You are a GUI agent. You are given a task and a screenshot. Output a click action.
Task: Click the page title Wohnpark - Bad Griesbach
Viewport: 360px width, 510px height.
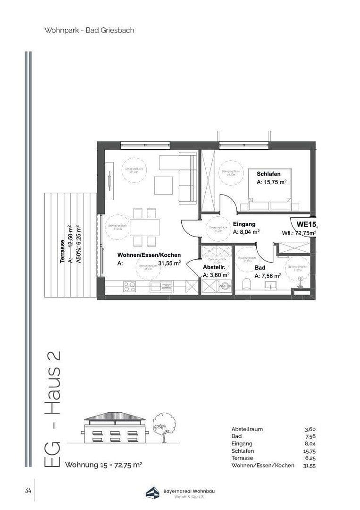[x=89, y=30]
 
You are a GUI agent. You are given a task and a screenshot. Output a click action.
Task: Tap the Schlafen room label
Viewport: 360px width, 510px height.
[x=268, y=174]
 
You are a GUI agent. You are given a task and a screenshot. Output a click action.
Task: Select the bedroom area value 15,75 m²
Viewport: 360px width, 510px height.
[x=272, y=182]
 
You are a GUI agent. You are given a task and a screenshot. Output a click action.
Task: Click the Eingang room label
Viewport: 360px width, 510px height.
[x=244, y=224]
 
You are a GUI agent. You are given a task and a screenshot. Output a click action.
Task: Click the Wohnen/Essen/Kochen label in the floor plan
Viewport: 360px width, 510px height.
[x=149, y=255]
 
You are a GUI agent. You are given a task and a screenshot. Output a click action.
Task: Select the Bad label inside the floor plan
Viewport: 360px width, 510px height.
[x=260, y=267]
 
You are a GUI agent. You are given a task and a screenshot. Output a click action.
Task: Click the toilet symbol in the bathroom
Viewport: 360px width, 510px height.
[x=245, y=284]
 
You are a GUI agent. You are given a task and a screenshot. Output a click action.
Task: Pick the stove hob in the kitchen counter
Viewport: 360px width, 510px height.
[x=129, y=286]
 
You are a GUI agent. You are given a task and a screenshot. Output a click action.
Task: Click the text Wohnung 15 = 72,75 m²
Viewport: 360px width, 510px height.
[x=103, y=465]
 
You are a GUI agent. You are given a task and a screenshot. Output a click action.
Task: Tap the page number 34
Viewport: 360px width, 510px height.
[x=28, y=490]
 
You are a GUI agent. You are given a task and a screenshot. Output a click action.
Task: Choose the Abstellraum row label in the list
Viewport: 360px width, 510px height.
[x=247, y=429]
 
